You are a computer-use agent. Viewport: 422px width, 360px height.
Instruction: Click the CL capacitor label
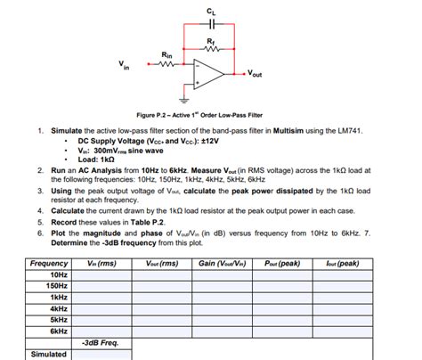click(x=210, y=9)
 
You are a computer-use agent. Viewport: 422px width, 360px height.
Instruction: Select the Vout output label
click(x=255, y=74)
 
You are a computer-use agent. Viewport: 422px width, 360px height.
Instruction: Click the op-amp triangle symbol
click(x=207, y=73)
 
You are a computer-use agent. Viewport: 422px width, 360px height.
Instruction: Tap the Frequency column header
click(x=49, y=264)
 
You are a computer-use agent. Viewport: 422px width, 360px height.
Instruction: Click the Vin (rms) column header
click(x=101, y=264)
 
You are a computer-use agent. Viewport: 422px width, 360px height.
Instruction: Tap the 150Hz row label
click(x=57, y=285)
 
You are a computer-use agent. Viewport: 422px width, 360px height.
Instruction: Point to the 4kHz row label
click(x=58, y=307)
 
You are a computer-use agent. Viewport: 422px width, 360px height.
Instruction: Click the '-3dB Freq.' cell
click(x=100, y=342)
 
